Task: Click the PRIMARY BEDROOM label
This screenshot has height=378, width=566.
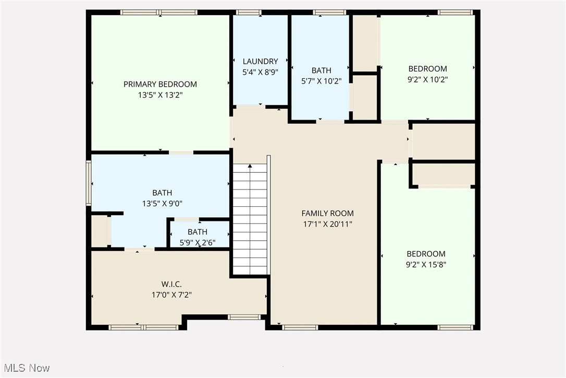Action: click(x=160, y=84)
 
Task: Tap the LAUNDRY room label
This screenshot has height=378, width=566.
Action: click(x=260, y=62)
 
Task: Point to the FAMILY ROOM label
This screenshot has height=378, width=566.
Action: click(x=327, y=213)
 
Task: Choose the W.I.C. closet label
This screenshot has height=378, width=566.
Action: click(x=171, y=284)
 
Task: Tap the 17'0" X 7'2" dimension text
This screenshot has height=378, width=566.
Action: click(x=171, y=295)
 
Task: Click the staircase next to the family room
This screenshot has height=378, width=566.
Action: click(x=250, y=219)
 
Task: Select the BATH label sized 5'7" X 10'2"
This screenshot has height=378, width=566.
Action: click(x=321, y=70)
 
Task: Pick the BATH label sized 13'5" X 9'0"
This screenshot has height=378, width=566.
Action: click(x=162, y=193)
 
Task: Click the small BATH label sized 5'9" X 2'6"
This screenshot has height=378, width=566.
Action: click(x=198, y=232)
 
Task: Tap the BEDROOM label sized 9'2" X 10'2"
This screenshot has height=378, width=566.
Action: click(x=427, y=69)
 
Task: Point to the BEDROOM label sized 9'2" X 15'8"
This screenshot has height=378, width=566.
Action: click(x=426, y=254)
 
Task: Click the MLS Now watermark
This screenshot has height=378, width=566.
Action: click(x=26, y=368)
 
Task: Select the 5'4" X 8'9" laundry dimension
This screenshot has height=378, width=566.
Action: click(x=260, y=73)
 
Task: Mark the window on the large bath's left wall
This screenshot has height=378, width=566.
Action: click(x=89, y=183)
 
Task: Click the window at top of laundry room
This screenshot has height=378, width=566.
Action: click(x=249, y=12)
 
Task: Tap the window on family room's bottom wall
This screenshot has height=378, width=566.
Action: click(x=300, y=327)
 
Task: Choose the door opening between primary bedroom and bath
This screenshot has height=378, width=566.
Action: click(x=181, y=152)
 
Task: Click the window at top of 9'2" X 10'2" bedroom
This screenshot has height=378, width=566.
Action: click(x=455, y=12)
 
